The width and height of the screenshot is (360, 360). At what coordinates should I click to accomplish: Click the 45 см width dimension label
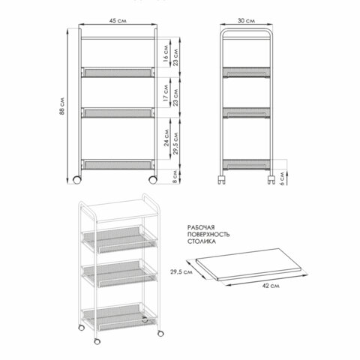coord(118,20)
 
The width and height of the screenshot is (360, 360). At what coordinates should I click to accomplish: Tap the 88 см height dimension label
coord(62,106)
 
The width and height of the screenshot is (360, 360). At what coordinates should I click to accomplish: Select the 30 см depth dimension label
coord(246,20)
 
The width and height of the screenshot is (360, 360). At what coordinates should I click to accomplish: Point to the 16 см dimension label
coord(166,53)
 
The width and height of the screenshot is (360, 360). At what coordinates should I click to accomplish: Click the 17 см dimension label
coord(166,93)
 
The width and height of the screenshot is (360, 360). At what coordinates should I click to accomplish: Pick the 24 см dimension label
coord(166,137)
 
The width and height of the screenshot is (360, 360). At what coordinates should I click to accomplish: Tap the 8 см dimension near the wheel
coord(175,176)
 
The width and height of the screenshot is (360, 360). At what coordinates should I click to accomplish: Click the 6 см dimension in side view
coord(282,178)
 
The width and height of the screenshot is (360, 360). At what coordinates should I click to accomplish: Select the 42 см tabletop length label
coord(271,286)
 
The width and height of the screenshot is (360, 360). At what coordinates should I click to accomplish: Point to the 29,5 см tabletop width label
coord(181,271)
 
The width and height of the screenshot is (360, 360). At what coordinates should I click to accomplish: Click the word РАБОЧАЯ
coord(201,227)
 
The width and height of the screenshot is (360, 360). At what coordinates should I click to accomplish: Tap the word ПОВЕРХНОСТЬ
coord(208,234)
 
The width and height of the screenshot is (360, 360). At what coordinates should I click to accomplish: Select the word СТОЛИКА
coord(202,241)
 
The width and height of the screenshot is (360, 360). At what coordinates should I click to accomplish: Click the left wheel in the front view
coord(77,180)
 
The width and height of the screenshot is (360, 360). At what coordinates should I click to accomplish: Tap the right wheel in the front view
coord(153,180)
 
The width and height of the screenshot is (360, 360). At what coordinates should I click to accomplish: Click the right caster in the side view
coord(271,179)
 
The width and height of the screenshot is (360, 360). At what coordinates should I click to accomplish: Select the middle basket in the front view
coord(118,112)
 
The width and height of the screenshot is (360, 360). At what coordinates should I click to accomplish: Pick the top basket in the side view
coord(247,72)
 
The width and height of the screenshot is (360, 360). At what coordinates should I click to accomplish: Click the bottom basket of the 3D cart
coord(119,317)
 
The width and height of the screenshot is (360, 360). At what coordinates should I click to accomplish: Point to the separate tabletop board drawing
coord(249,264)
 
